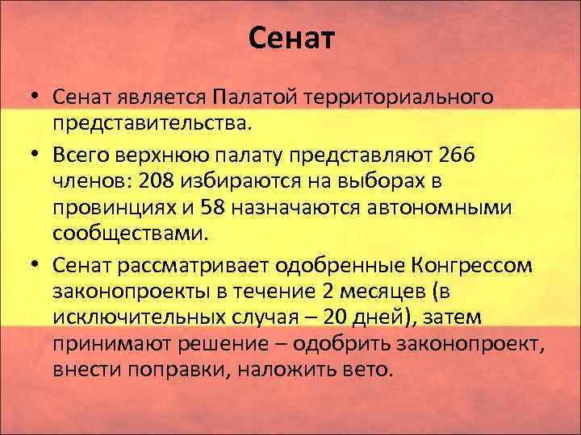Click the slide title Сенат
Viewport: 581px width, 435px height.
tap(290, 37)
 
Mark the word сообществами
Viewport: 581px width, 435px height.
tap(129, 234)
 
